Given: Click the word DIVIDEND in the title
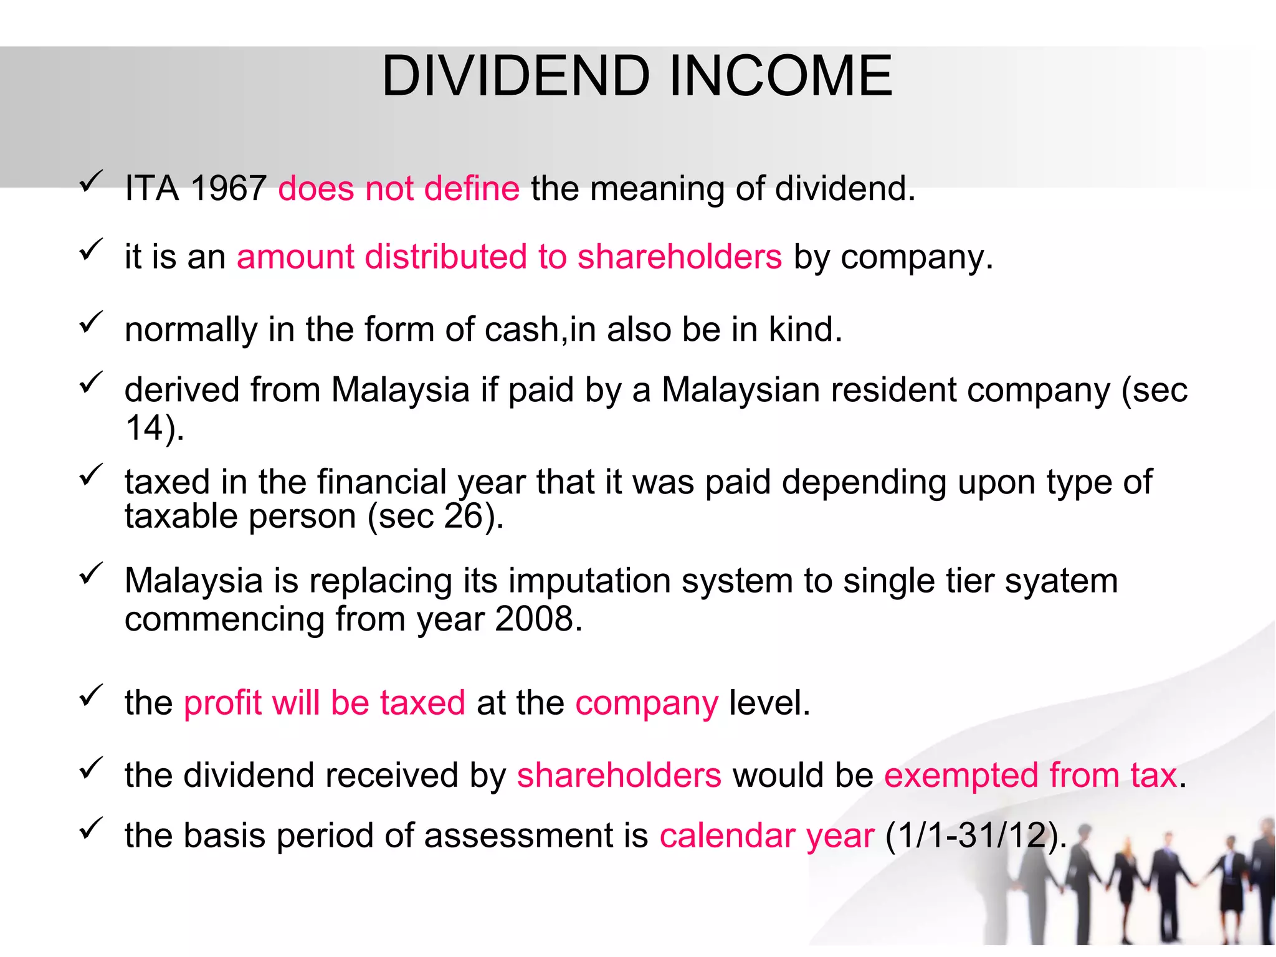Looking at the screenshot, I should (516, 76).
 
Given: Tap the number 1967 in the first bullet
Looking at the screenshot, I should (229, 188).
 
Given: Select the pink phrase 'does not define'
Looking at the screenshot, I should (399, 188).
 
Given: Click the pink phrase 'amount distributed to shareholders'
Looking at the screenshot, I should (509, 257).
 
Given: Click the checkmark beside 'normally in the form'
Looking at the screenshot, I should (91, 323).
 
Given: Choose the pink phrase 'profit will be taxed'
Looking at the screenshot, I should (325, 703).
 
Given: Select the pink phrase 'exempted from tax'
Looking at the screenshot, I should (1031, 776).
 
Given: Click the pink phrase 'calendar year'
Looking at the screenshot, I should (767, 836).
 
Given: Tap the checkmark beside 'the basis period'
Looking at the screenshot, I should (91, 829).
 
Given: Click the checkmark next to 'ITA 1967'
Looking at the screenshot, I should (91, 181).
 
